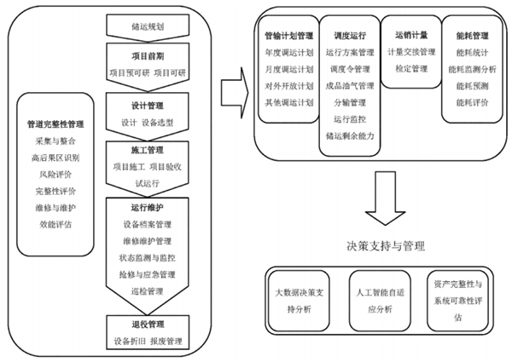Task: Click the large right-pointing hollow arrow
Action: (x=232, y=89)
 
